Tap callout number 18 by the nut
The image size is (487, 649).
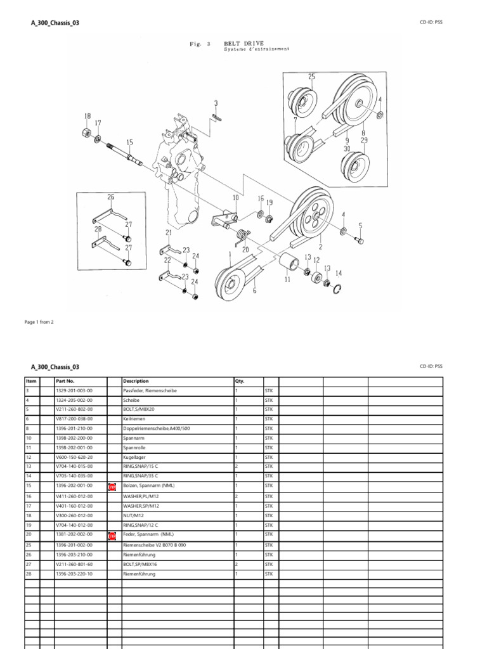87,116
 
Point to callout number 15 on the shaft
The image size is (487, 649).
129,143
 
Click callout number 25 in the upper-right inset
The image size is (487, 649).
311,76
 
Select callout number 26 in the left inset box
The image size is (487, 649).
111,197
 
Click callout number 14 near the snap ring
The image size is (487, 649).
338,273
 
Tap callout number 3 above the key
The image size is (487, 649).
216,103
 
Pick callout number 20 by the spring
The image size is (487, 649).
245,249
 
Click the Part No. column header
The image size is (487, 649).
66,382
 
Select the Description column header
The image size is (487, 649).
136,382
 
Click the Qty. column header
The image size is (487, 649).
240,382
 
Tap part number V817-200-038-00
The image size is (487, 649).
74,419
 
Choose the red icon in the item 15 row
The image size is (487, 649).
112,487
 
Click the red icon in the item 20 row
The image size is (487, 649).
112,535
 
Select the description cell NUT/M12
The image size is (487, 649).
134,516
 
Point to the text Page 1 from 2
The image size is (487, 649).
39,322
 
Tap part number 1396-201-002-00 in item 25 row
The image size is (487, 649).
74,545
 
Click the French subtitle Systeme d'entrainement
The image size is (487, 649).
257,49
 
